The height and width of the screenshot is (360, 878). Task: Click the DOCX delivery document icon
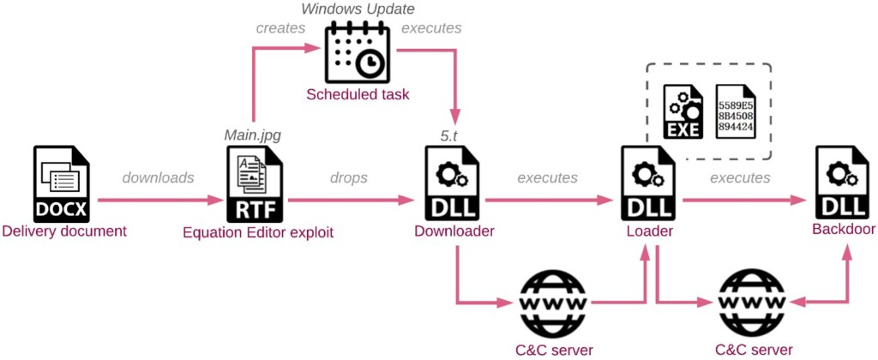(x=61, y=183)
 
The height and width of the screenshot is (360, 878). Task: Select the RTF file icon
(x=254, y=183)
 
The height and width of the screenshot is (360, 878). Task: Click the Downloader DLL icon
(x=454, y=183)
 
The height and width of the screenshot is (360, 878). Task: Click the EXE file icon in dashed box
(x=683, y=112)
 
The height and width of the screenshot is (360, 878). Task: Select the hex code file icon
(x=735, y=112)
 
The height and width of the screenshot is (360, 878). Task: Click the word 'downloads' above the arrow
(x=159, y=177)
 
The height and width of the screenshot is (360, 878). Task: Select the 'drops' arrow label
(x=348, y=177)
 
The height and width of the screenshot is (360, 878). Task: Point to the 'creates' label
(x=280, y=28)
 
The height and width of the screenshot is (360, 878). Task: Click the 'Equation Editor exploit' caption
(x=258, y=231)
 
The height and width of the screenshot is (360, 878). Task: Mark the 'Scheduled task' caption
(x=358, y=94)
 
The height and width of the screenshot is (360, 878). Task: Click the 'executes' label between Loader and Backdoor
(x=740, y=177)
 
